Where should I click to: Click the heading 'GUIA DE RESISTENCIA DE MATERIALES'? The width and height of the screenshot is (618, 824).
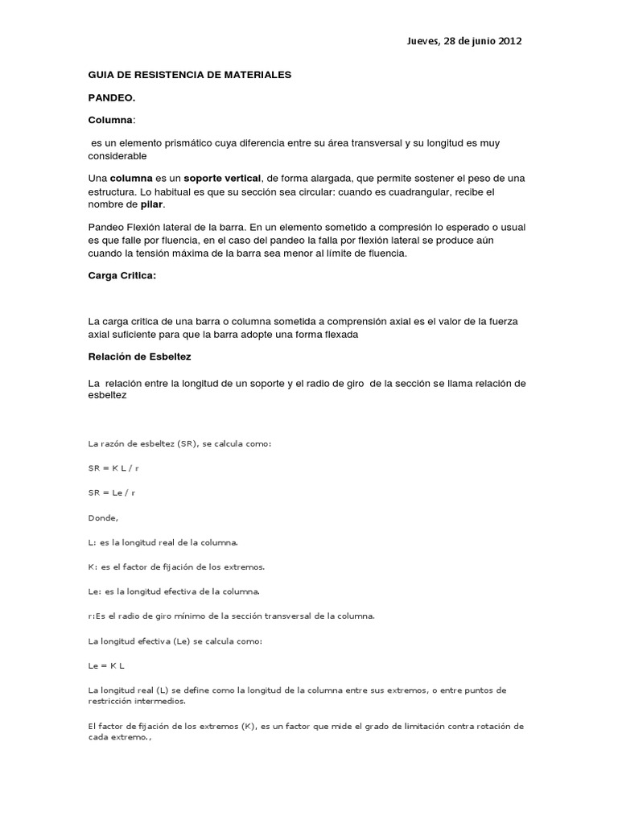(x=189, y=75)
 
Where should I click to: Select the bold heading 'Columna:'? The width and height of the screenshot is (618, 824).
(x=112, y=119)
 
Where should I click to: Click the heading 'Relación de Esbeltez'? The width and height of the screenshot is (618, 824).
(x=139, y=355)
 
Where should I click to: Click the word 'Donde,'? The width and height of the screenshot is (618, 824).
(x=102, y=517)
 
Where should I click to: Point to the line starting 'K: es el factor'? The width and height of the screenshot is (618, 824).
(x=176, y=566)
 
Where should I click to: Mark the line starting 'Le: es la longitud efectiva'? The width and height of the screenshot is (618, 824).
(x=174, y=591)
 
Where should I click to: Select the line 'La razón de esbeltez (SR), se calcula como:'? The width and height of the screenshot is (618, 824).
(x=179, y=443)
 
